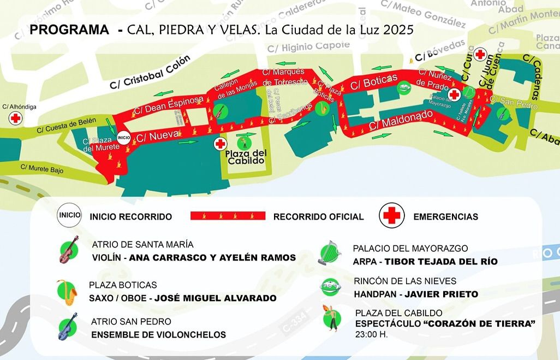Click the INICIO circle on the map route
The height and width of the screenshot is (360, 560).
123,137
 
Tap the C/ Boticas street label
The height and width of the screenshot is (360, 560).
374,82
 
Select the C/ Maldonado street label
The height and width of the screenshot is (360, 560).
401,120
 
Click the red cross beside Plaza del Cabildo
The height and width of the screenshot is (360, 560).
220,144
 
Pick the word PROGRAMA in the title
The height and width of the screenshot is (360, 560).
69,30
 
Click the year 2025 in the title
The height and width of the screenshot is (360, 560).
398,29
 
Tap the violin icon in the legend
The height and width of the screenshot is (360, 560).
69,250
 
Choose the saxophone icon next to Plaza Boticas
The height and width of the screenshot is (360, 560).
67,292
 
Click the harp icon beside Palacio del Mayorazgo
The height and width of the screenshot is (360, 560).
329,253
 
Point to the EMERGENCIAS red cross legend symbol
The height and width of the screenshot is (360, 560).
391,216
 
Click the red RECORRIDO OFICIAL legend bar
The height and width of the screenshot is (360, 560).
228,216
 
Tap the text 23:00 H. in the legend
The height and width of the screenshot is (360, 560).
371,334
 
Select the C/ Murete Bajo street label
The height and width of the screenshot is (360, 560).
41,169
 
